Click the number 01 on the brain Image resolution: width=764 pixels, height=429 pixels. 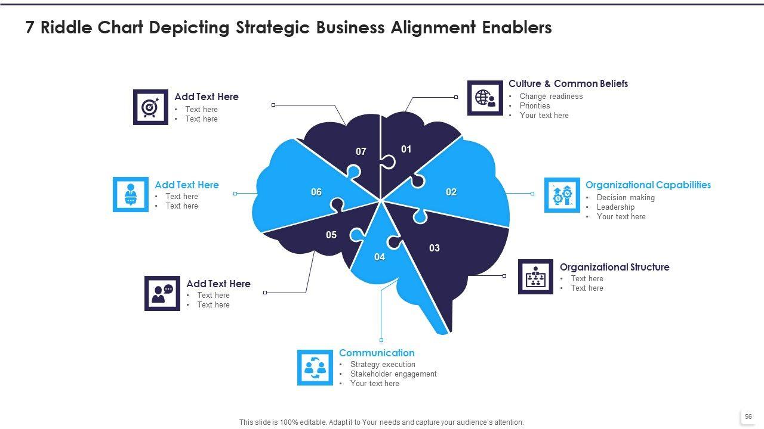point(406,149)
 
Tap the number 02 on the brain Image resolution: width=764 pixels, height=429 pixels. point(451,192)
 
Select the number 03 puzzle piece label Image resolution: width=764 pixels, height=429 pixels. point(435,248)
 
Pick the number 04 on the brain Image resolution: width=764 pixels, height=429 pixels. point(380,257)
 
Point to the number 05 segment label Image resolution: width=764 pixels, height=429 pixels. point(331,235)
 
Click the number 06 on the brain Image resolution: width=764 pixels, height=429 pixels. point(316,192)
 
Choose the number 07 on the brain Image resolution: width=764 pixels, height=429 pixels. point(361,151)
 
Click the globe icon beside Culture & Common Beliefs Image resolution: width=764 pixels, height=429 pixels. point(485,98)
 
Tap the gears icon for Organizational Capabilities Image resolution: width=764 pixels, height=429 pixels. point(562,195)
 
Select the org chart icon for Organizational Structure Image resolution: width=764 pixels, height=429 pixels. point(535,276)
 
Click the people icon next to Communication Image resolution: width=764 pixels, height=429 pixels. point(315,368)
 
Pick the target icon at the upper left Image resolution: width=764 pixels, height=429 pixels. point(150,107)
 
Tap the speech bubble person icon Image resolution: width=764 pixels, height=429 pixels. point(162,293)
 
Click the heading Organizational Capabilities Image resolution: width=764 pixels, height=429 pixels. point(648,185)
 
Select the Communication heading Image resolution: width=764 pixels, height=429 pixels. point(377,353)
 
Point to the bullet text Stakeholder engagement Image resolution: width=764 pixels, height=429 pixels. point(393,374)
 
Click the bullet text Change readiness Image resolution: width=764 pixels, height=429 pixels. point(551,97)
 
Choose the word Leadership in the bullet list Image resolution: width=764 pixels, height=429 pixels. point(615,207)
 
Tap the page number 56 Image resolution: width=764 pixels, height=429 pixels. point(748,417)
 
